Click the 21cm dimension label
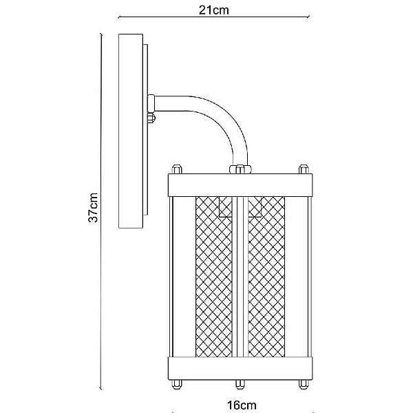click(x=213, y=10)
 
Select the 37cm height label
click(x=93, y=208)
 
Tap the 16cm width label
click(x=242, y=405)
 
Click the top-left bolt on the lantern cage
click(x=177, y=169)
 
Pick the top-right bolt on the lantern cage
click(x=304, y=169)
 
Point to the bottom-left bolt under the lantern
click(x=177, y=384)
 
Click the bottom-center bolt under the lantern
click(x=240, y=384)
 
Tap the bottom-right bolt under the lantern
click(x=304, y=384)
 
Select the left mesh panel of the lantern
click(x=214, y=277)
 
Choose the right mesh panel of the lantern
click(x=266, y=277)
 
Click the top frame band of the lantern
click(x=240, y=185)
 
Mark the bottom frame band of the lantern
click(x=240, y=368)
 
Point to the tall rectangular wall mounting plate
click(x=131, y=131)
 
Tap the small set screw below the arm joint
click(x=151, y=118)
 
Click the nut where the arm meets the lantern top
click(x=240, y=169)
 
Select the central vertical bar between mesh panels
click(x=240, y=277)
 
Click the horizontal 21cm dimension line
click(x=213, y=17)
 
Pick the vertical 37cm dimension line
click(x=101, y=211)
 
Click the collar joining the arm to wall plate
click(x=151, y=103)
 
